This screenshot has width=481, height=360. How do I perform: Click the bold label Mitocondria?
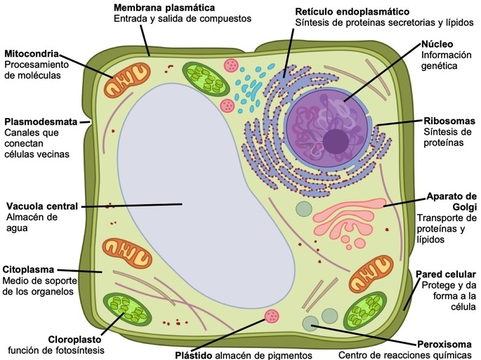31,53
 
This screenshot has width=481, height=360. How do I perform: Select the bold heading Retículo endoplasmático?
352,12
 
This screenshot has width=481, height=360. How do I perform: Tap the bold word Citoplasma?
30,269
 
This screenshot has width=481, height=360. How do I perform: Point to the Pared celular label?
446,274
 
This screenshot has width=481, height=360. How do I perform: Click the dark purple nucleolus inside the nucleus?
335,140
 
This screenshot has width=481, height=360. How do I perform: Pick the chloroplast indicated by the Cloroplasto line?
126,312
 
